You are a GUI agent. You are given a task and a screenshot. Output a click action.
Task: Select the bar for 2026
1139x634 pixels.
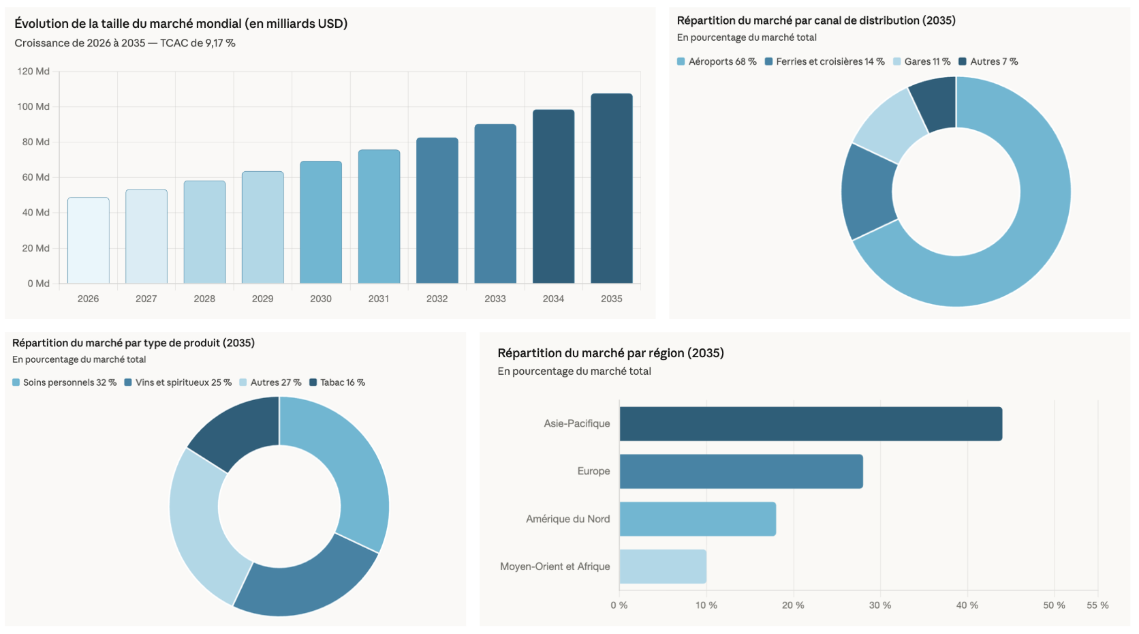click(x=89, y=240)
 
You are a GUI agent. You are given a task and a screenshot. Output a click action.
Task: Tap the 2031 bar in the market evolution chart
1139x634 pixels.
click(x=379, y=216)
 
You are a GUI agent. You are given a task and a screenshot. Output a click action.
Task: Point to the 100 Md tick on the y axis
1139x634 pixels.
click(x=33, y=106)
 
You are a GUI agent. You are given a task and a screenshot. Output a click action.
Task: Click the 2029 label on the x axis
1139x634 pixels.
click(x=262, y=299)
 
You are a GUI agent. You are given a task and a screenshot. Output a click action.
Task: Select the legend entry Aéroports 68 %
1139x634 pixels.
click(x=717, y=61)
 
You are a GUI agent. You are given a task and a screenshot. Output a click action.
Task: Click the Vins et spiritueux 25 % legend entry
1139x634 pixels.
click(x=178, y=382)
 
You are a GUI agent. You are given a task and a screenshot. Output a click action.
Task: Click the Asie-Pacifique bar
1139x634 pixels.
click(x=811, y=424)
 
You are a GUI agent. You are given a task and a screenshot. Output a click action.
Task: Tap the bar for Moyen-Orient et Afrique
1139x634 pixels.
click(x=663, y=567)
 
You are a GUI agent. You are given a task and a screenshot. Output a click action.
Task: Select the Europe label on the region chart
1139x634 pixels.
click(x=593, y=471)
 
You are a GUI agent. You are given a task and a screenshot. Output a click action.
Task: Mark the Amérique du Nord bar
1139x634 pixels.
click(x=698, y=519)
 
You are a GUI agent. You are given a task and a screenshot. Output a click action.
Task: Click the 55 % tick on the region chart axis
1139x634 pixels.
click(x=1097, y=605)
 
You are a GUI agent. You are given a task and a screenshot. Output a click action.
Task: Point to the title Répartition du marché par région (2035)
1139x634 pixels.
click(x=610, y=353)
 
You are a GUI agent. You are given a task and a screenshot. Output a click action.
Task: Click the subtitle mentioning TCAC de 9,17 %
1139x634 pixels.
click(x=125, y=43)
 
